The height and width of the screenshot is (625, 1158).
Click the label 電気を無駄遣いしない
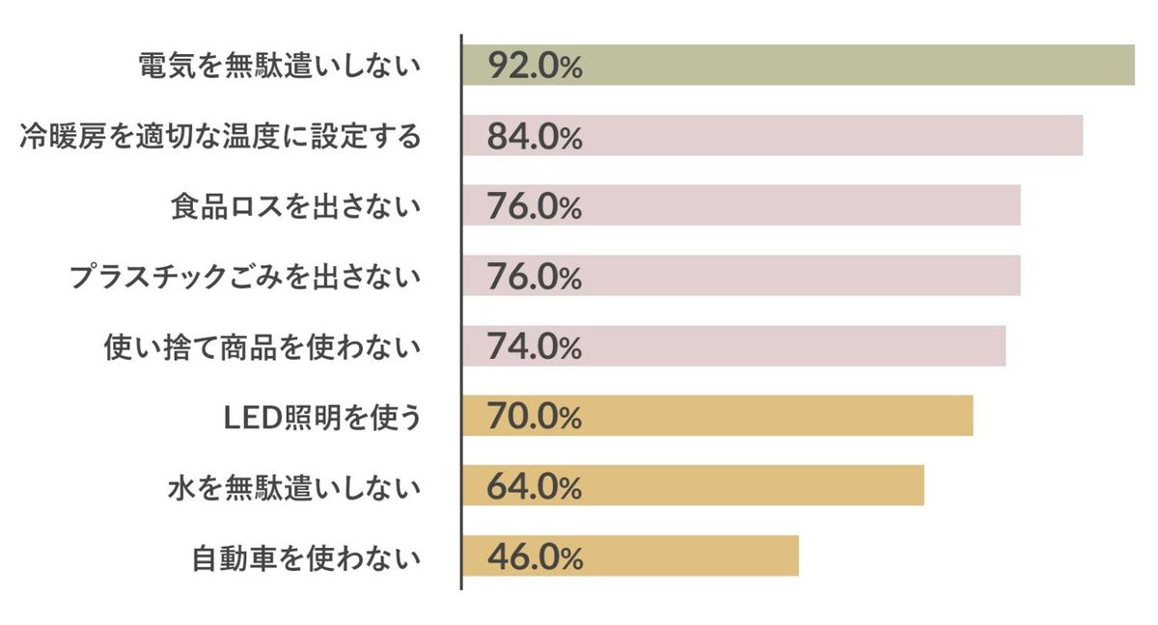click(280, 66)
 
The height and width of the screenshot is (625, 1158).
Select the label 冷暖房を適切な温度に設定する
click(221, 136)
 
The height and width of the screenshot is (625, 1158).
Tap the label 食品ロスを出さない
click(295, 206)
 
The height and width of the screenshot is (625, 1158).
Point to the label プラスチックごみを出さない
click(245, 277)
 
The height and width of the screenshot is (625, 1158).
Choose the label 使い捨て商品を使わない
click(262, 346)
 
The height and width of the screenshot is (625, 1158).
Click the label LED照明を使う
click(321, 417)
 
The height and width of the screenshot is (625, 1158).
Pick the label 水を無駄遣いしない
click(295, 487)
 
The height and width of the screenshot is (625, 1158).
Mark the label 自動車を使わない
click(307, 557)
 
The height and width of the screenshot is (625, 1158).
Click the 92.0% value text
click(535, 66)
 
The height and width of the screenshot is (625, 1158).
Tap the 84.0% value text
click(535, 136)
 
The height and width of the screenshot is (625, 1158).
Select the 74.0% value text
click(535, 346)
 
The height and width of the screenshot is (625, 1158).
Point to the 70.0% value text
click(535, 417)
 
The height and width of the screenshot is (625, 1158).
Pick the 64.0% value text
click(535, 487)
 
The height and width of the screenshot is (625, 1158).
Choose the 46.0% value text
click(535, 557)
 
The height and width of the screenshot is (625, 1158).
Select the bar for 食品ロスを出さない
click(801, 206)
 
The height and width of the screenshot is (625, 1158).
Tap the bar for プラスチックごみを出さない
click(801, 277)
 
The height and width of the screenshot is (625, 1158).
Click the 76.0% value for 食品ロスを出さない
click(535, 206)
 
